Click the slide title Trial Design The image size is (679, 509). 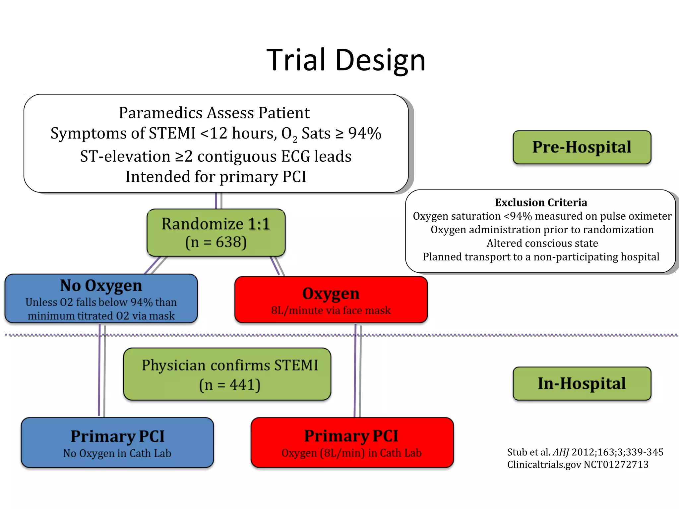pos(346,60)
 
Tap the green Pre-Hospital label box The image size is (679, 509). pos(582,147)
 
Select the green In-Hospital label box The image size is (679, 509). pos(582,383)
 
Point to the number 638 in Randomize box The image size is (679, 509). pos(228,242)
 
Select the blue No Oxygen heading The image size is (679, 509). pos(101,286)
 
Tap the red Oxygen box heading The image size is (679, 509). pos(331,294)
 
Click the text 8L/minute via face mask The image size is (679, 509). pos(331,311)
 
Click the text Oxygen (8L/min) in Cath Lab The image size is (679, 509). pos(351,453)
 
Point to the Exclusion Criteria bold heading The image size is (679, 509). pos(541,202)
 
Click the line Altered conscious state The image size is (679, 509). pos(542,243)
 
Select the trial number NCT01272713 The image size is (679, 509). pos(616,465)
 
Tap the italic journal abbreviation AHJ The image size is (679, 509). pos(561,452)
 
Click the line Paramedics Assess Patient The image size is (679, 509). pos(214,113)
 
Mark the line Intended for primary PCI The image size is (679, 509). pos(216,177)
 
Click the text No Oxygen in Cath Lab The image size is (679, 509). pos(117,453)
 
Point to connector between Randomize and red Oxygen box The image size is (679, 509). pos(277,266)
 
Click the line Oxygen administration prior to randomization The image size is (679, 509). pos(542,230)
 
